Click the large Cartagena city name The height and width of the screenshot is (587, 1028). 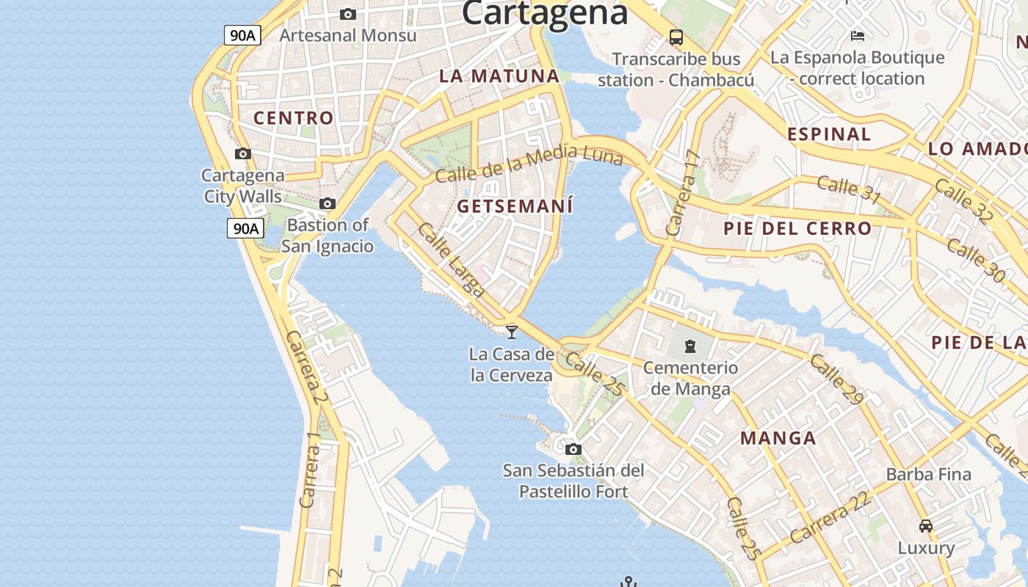pyautogui.click(x=545, y=12)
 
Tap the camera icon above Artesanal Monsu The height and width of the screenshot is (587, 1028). pyautogui.click(x=348, y=14)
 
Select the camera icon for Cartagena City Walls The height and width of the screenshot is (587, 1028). pyautogui.click(x=242, y=153)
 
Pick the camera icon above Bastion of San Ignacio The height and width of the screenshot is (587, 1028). pyautogui.click(x=327, y=203)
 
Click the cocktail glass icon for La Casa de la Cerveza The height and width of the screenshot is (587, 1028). pyautogui.click(x=512, y=332)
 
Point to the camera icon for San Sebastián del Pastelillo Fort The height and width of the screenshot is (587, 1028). pyautogui.click(x=573, y=449)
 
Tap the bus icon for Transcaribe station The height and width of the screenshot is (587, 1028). pyautogui.click(x=676, y=37)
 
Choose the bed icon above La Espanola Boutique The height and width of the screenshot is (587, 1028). pyautogui.click(x=857, y=35)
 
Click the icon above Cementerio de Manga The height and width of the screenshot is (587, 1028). pyautogui.click(x=690, y=346)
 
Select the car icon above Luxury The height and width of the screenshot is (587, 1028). pyautogui.click(x=926, y=525)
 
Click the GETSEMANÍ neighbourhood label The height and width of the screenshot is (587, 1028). pyautogui.click(x=515, y=206)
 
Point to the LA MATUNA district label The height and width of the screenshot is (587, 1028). pyautogui.click(x=499, y=76)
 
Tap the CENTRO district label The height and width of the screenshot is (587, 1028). pyautogui.click(x=293, y=117)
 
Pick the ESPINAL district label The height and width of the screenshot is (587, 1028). pyautogui.click(x=829, y=134)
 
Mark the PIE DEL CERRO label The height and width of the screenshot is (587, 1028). pyautogui.click(x=797, y=228)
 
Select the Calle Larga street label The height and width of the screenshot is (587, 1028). pyautogui.click(x=452, y=260)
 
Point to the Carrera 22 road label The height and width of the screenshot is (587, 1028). pyautogui.click(x=830, y=517)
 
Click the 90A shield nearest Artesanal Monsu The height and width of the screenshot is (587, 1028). pyautogui.click(x=243, y=34)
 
